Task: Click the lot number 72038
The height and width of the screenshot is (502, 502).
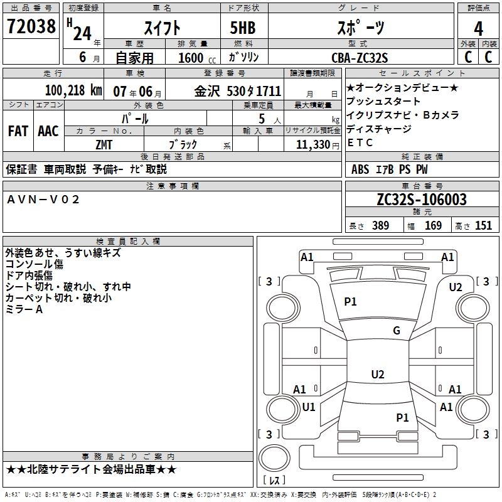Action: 31,27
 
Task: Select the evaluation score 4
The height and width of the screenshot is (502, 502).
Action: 478,28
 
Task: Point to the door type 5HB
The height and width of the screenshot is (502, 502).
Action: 238,28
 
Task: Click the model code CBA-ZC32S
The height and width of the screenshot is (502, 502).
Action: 360,58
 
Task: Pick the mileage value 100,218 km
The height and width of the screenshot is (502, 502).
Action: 73,90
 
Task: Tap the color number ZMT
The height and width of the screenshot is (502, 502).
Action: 104,144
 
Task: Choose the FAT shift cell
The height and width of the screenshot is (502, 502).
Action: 18,131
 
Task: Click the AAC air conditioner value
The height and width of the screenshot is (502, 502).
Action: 48,131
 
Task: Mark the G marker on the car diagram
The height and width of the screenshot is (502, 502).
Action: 397,331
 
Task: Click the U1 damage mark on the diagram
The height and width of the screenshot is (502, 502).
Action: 309,407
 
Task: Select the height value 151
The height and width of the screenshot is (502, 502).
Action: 483,226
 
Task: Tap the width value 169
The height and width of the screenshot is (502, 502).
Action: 433,226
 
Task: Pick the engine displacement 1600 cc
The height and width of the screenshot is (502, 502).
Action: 191,58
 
